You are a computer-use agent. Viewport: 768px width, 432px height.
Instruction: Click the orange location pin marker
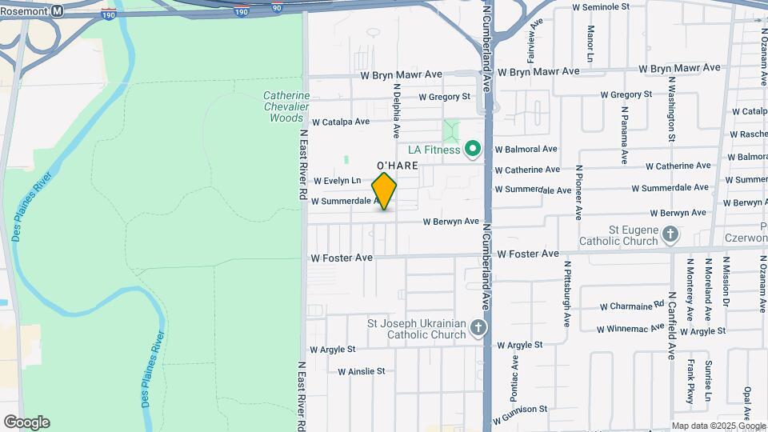click(384, 191)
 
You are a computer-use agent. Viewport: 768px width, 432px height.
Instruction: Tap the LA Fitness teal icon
click(472, 149)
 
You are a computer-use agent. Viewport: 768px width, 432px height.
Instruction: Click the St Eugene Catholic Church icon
click(670, 234)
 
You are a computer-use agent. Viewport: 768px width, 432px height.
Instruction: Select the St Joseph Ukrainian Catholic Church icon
click(478, 328)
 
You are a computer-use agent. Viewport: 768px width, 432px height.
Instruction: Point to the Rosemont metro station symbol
click(57, 11)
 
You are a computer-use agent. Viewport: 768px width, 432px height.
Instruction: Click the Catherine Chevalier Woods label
click(286, 106)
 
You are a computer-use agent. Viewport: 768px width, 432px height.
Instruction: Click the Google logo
click(26, 422)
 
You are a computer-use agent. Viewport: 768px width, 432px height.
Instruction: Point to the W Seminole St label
click(608, 6)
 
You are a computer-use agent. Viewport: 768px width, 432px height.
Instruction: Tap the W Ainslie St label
click(361, 371)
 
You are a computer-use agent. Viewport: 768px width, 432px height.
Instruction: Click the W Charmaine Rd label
click(632, 306)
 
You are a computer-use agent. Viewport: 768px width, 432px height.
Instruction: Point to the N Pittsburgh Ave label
click(566, 294)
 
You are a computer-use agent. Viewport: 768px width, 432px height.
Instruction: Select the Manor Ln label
click(590, 43)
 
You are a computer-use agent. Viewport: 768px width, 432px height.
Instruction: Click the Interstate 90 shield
click(277, 7)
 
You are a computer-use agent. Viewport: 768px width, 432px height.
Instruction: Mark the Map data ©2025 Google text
click(718, 426)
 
